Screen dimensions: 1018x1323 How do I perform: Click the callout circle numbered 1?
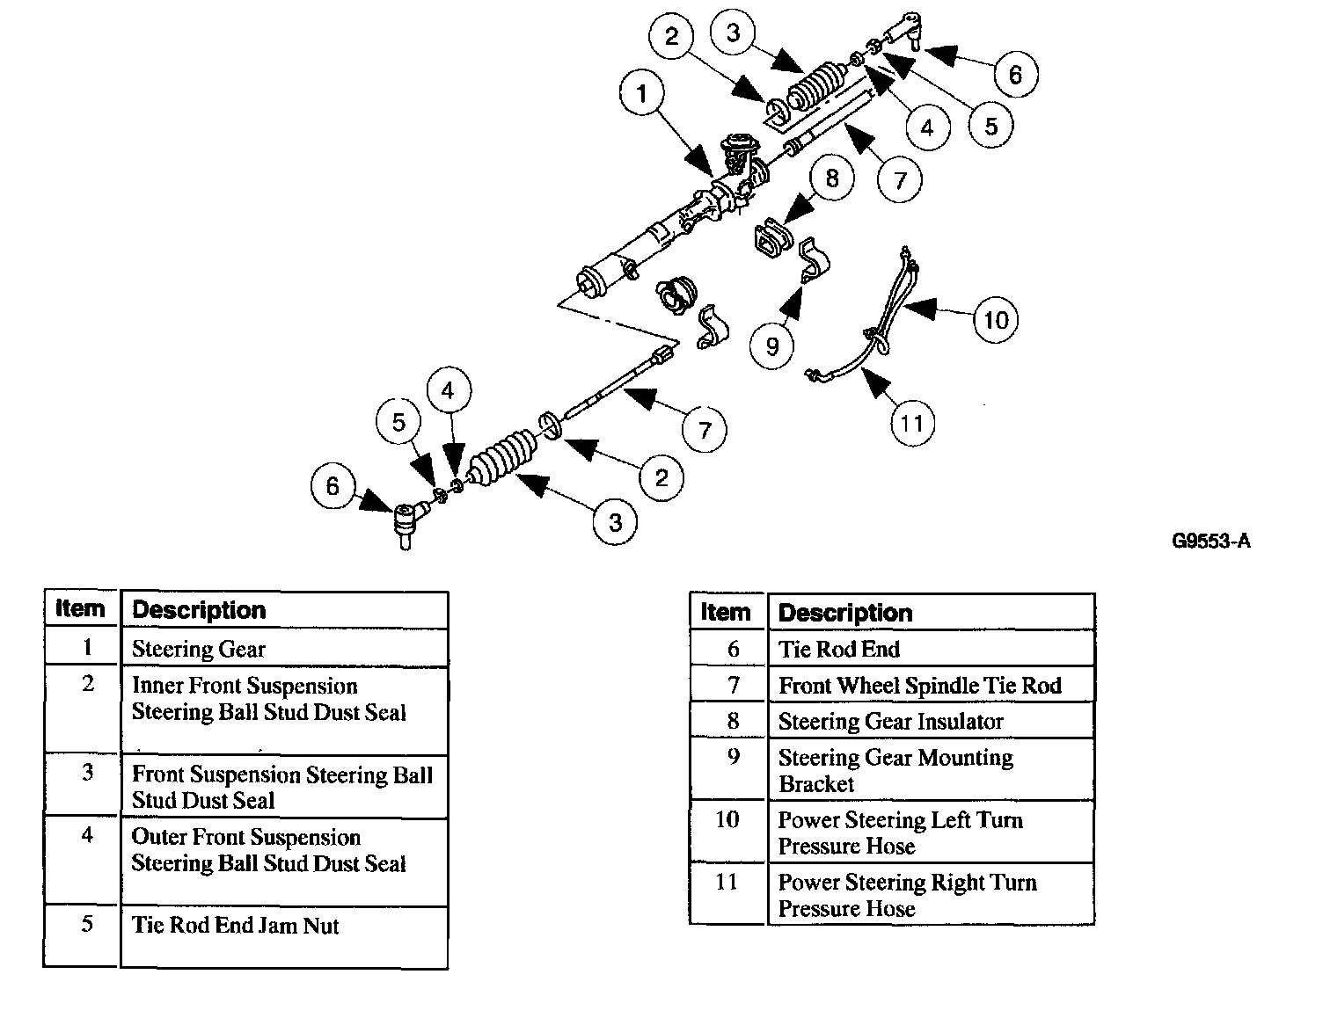(x=642, y=94)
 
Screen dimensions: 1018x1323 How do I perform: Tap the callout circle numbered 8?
(x=832, y=178)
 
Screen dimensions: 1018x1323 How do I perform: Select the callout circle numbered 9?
(x=772, y=345)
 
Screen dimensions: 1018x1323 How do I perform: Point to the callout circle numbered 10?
(x=995, y=319)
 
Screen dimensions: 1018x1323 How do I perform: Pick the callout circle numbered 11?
(x=911, y=424)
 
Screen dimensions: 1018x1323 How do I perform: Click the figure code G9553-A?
(x=1210, y=541)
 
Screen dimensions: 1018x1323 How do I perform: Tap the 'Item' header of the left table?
(x=80, y=608)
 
